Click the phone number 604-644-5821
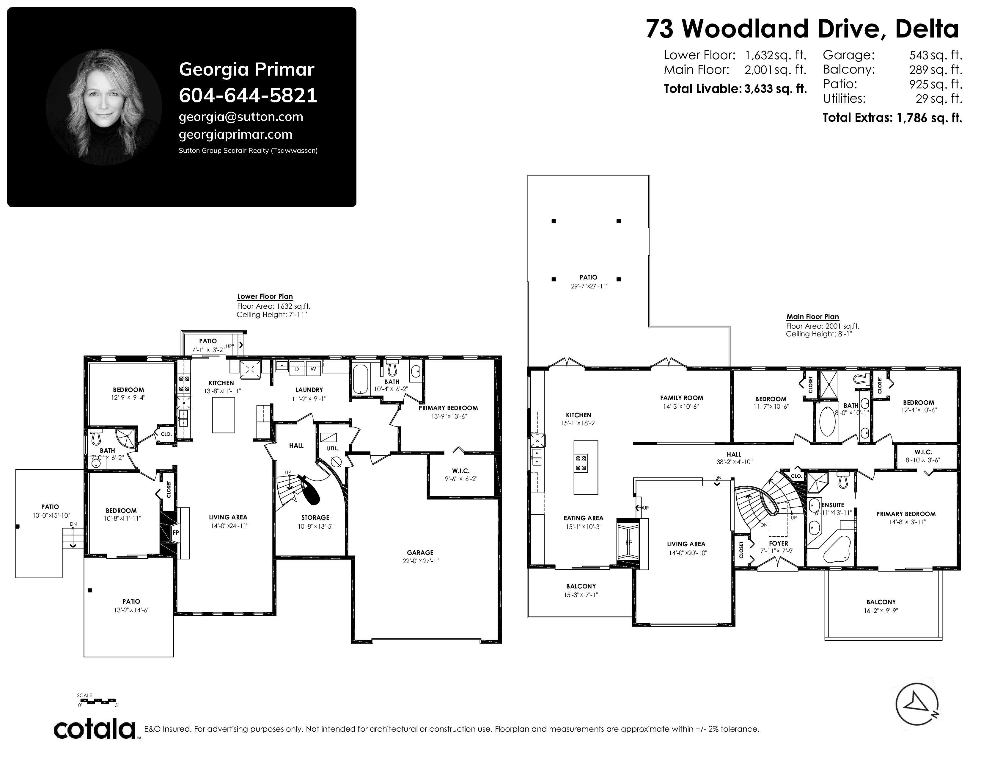[248, 95]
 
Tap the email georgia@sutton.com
[241, 117]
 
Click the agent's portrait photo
[104, 107]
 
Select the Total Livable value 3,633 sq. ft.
[775, 89]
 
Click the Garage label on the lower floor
[420, 553]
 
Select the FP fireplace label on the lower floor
[176, 532]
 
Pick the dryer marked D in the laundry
[296, 369]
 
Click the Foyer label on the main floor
[779, 543]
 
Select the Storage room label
[315, 518]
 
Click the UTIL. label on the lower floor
[332, 448]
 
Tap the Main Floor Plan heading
[812, 317]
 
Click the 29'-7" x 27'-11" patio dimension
[588, 286]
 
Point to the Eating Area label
[584, 518]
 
